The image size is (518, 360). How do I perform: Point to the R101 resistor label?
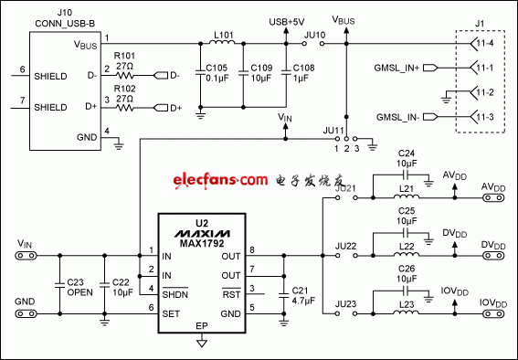pyautogui.click(x=125, y=55)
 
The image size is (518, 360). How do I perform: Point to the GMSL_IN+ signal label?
pyautogui.click(x=395, y=69)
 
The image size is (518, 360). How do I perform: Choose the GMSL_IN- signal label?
pyautogui.click(x=395, y=118)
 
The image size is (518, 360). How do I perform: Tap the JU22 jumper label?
pyautogui.click(x=346, y=247)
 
